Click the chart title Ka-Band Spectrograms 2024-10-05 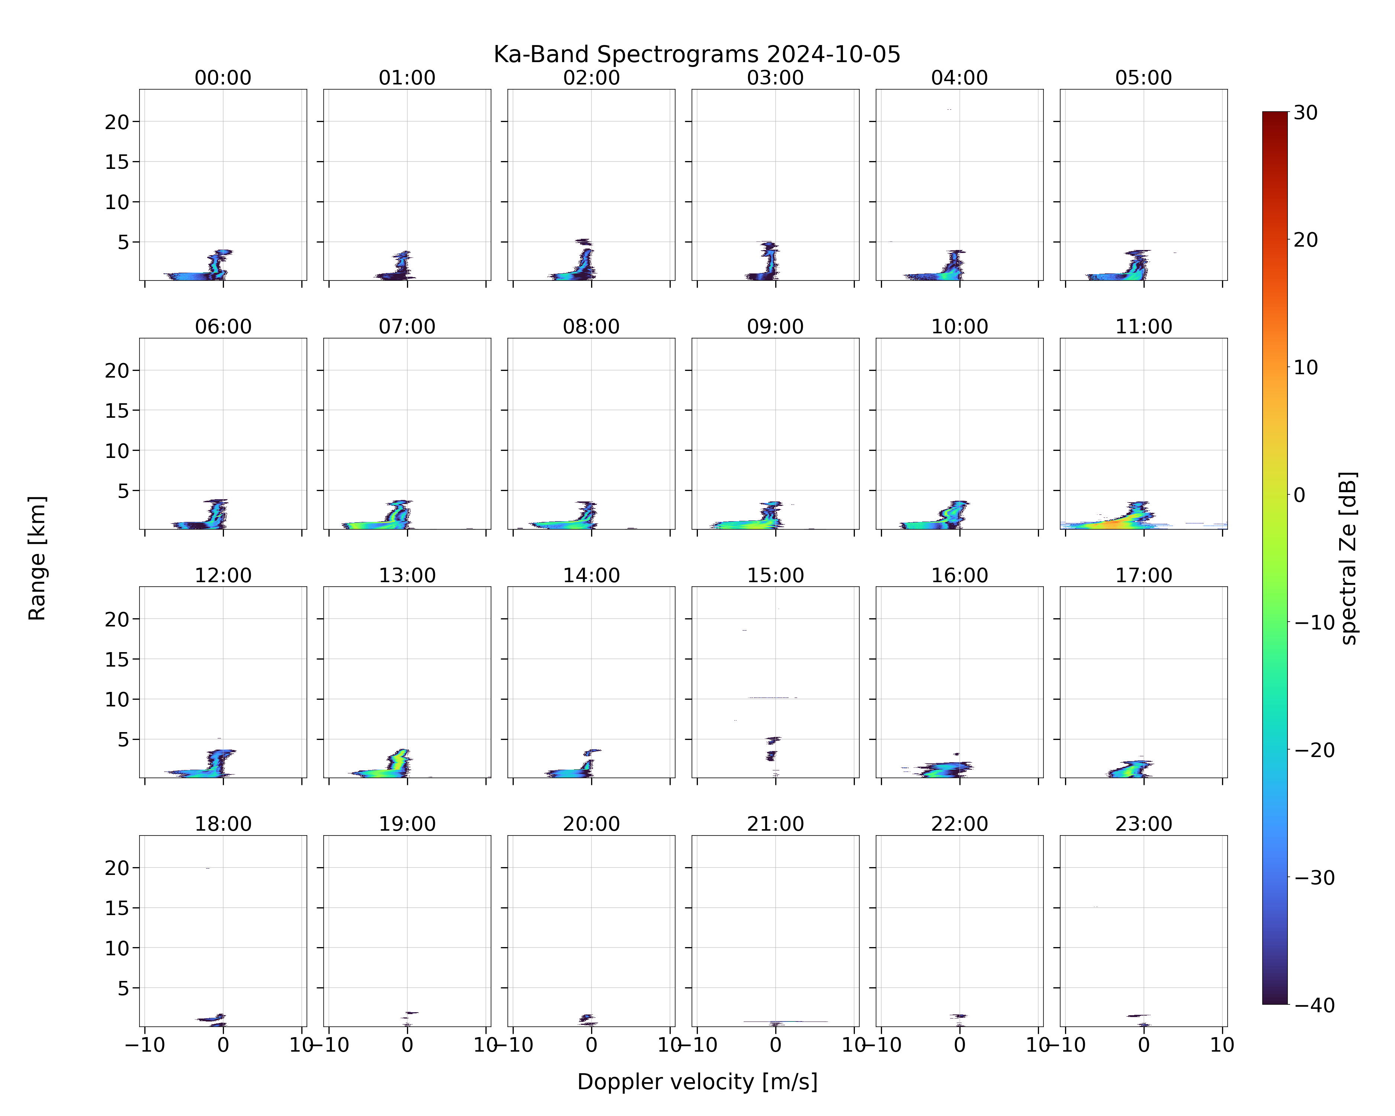pyautogui.click(x=697, y=54)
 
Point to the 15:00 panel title pyautogui.click(x=775, y=575)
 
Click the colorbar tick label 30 pyautogui.click(x=1306, y=113)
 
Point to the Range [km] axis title pyautogui.click(x=37, y=558)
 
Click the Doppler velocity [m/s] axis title pyautogui.click(x=697, y=1081)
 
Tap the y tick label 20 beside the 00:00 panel pyautogui.click(x=117, y=122)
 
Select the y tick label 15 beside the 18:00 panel pyautogui.click(x=117, y=908)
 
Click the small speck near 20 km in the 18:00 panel pyautogui.click(x=208, y=868)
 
